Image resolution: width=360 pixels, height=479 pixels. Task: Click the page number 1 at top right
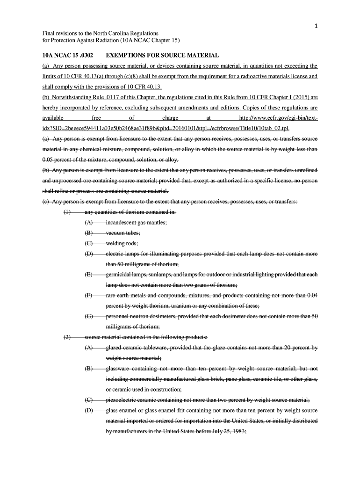point(316,26)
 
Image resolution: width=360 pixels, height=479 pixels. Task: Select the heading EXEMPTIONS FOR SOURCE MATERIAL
point(159,55)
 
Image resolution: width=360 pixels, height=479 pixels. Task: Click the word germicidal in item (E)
point(121,275)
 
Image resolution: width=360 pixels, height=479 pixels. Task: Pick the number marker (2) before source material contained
point(67,337)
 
